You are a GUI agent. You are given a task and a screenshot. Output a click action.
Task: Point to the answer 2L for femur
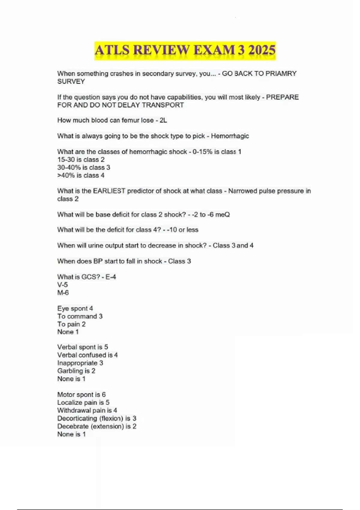click(x=163, y=120)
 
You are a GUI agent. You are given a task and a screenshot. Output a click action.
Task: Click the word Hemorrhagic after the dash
click(x=230, y=136)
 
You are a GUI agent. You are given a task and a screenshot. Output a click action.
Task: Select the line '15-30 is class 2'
click(x=81, y=160)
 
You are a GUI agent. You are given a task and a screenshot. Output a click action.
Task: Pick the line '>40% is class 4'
click(x=81, y=175)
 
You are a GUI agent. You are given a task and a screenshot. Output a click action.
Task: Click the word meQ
click(x=223, y=214)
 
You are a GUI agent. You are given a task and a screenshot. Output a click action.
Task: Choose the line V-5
click(x=63, y=285)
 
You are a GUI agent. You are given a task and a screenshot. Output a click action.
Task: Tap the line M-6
click(x=63, y=292)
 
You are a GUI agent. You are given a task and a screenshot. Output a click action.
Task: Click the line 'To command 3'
click(x=80, y=316)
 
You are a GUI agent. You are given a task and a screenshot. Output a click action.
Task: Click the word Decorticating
click(x=77, y=418)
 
